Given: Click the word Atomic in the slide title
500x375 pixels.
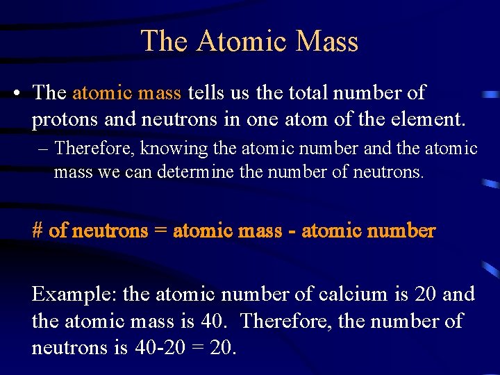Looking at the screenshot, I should tap(242, 41).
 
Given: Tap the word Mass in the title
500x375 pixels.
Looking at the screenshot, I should tap(326, 41).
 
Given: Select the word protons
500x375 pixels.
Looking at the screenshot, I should tap(65, 120).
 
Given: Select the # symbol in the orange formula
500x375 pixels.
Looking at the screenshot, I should tap(38, 231).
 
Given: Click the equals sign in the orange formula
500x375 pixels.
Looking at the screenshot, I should tap(160, 231).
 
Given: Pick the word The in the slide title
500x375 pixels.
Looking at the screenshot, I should tap(164, 41).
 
